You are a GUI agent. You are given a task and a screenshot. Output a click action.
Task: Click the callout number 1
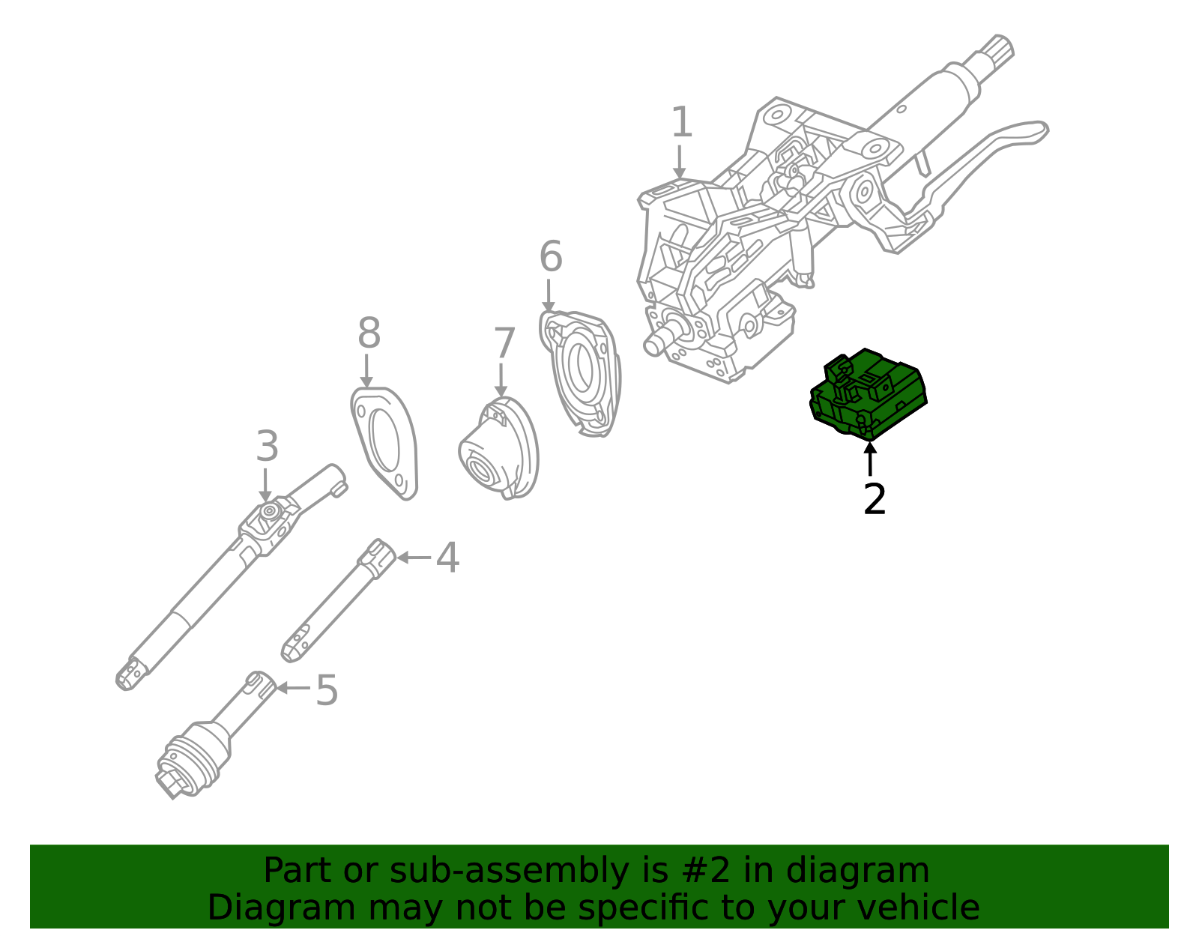click(681, 123)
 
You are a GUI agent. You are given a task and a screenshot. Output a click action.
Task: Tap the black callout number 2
click(875, 500)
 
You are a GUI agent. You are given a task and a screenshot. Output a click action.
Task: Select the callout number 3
click(267, 447)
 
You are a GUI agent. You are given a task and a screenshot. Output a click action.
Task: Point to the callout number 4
click(447, 558)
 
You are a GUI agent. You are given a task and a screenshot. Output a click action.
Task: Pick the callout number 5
click(327, 690)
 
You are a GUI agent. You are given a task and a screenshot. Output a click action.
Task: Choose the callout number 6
click(551, 257)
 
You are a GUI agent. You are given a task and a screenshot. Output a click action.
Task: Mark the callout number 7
click(504, 344)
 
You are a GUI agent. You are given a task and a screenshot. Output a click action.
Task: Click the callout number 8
click(369, 333)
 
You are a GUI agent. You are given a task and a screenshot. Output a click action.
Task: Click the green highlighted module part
click(869, 393)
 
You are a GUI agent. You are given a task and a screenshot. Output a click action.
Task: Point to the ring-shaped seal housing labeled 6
click(582, 371)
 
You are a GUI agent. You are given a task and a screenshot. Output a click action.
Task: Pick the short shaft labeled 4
click(337, 600)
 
